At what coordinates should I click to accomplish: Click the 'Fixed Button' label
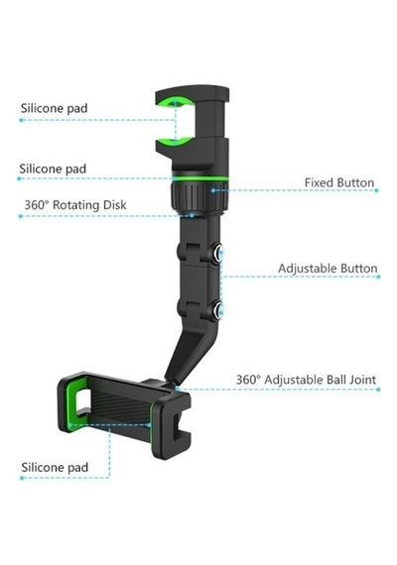pos(339,182)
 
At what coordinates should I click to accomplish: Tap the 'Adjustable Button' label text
pos(328,269)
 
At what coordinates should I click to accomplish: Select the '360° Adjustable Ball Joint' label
pos(306,380)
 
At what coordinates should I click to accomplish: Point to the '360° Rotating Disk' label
pos(75,205)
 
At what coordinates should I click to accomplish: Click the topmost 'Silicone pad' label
pos(55,108)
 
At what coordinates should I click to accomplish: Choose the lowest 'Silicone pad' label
pos(55,467)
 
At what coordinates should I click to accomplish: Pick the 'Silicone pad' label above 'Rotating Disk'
pos(53,169)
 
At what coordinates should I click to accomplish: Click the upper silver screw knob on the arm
pos(218,253)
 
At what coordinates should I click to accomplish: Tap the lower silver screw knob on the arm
pos(218,309)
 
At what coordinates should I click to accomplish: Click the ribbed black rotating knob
pos(199,196)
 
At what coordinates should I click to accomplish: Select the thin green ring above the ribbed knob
pos(199,178)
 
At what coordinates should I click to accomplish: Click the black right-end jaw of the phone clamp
pos(172,426)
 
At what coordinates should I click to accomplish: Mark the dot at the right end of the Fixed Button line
pos(376,190)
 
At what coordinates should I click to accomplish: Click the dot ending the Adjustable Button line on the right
pos(378,277)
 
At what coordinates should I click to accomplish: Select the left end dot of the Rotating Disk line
pos(21,216)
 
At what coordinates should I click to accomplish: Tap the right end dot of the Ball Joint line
pos(378,390)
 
